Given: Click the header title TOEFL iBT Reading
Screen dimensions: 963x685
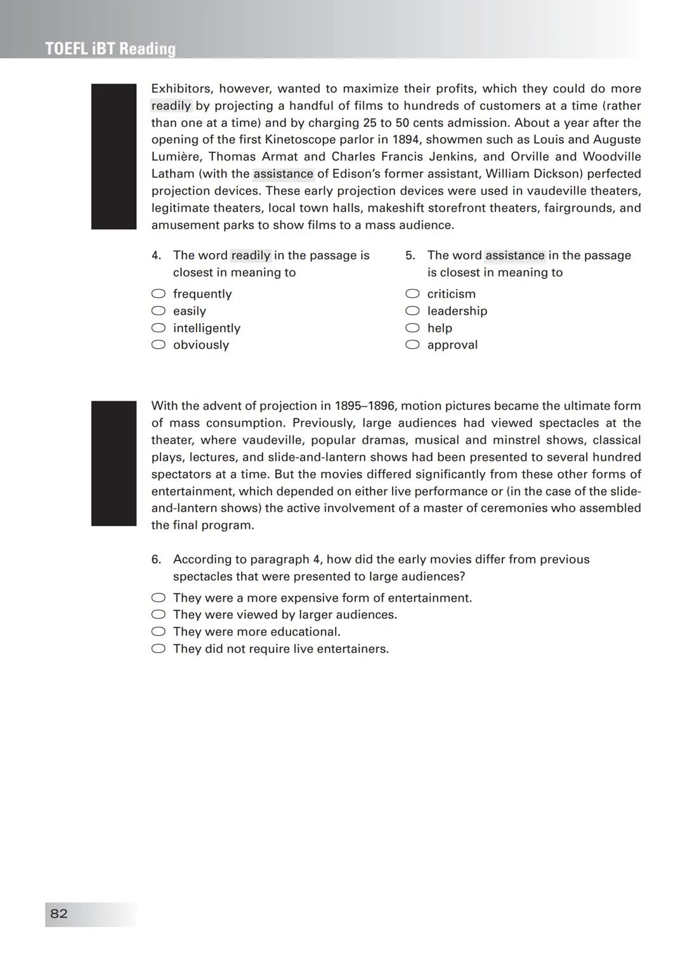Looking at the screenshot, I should pyautogui.click(x=110, y=49).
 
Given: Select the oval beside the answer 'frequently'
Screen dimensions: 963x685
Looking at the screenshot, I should pyautogui.click(x=159, y=294).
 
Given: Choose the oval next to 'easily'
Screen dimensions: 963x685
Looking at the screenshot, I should pyautogui.click(x=159, y=311).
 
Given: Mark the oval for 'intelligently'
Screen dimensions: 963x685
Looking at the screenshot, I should pyautogui.click(x=159, y=328).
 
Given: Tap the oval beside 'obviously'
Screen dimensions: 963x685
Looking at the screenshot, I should pyautogui.click(x=159, y=345).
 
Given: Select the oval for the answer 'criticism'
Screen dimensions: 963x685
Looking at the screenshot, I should pyautogui.click(x=412, y=294).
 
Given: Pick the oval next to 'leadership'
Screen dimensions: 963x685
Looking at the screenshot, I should pyautogui.click(x=412, y=311).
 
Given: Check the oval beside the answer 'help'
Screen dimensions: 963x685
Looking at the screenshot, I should pyautogui.click(x=412, y=328).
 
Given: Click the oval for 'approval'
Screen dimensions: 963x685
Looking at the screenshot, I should pyautogui.click(x=412, y=345).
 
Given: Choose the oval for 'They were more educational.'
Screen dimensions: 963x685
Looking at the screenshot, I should pyautogui.click(x=159, y=631).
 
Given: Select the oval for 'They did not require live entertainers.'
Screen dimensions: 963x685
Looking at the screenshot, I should pyautogui.click(x=159, y=649).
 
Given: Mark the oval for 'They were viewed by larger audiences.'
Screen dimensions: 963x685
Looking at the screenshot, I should pyautogui.click(x=159, y=614).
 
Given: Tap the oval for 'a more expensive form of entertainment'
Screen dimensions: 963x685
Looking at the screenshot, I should pyautogui.click(x=159, y=598).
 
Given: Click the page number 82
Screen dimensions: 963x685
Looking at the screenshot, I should pyautogui.click(x=59, y=914).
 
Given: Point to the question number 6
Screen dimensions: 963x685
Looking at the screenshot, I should pyautogui.click(x=156, y=559).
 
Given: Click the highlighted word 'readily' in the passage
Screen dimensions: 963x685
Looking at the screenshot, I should pyautogui.click(x=171, y=106).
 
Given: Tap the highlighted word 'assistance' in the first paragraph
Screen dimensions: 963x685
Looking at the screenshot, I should pyautogui.click(x=284, y=174).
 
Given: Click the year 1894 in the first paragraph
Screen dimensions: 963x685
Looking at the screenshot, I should pyautogui.click(x=406, y=139).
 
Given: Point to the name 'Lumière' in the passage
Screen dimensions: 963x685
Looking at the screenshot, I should pyautogui.click(x=176, y=157).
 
